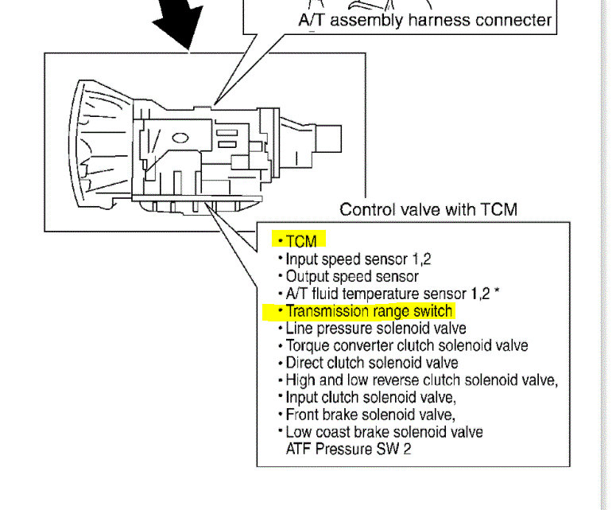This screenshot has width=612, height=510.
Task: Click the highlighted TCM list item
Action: tap(301, 240)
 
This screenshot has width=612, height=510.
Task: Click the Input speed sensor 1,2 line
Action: tap(358, 259)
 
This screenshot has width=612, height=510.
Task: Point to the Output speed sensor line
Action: tap(352, 276)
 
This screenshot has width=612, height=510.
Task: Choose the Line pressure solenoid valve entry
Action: tap(375, 328)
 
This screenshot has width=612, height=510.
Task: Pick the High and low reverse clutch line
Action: tap(421, 380)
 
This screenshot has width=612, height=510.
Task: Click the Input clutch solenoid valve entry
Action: tap(370, 397)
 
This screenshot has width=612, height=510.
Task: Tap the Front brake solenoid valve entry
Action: tap(370, 415)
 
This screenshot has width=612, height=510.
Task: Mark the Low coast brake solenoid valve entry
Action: tap(384, 432)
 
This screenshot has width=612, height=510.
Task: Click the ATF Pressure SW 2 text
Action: tap(347, 449)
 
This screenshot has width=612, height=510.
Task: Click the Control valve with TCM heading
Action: tap(428, 210)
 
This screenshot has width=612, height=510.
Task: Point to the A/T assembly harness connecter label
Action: tap(424, 20)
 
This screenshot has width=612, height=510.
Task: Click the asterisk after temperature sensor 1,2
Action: tap(497, 292)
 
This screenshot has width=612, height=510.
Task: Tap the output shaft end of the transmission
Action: tap(329, 141)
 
